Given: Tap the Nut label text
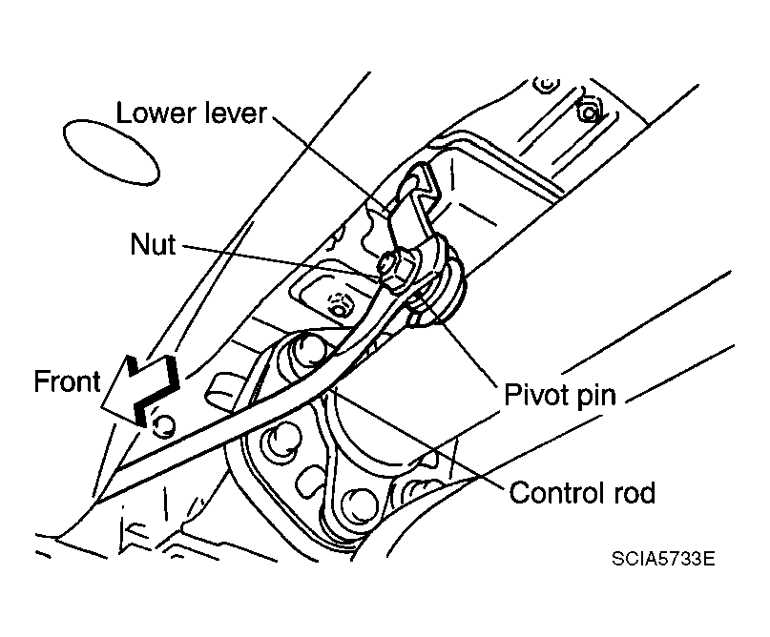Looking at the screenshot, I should coord(154,245).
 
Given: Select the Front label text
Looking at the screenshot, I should coord(67,382).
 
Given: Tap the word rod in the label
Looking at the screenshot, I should coord(634,493).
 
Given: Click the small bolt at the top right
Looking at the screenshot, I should coord(590,113).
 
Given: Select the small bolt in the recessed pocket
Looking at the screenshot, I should coord(335,307).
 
